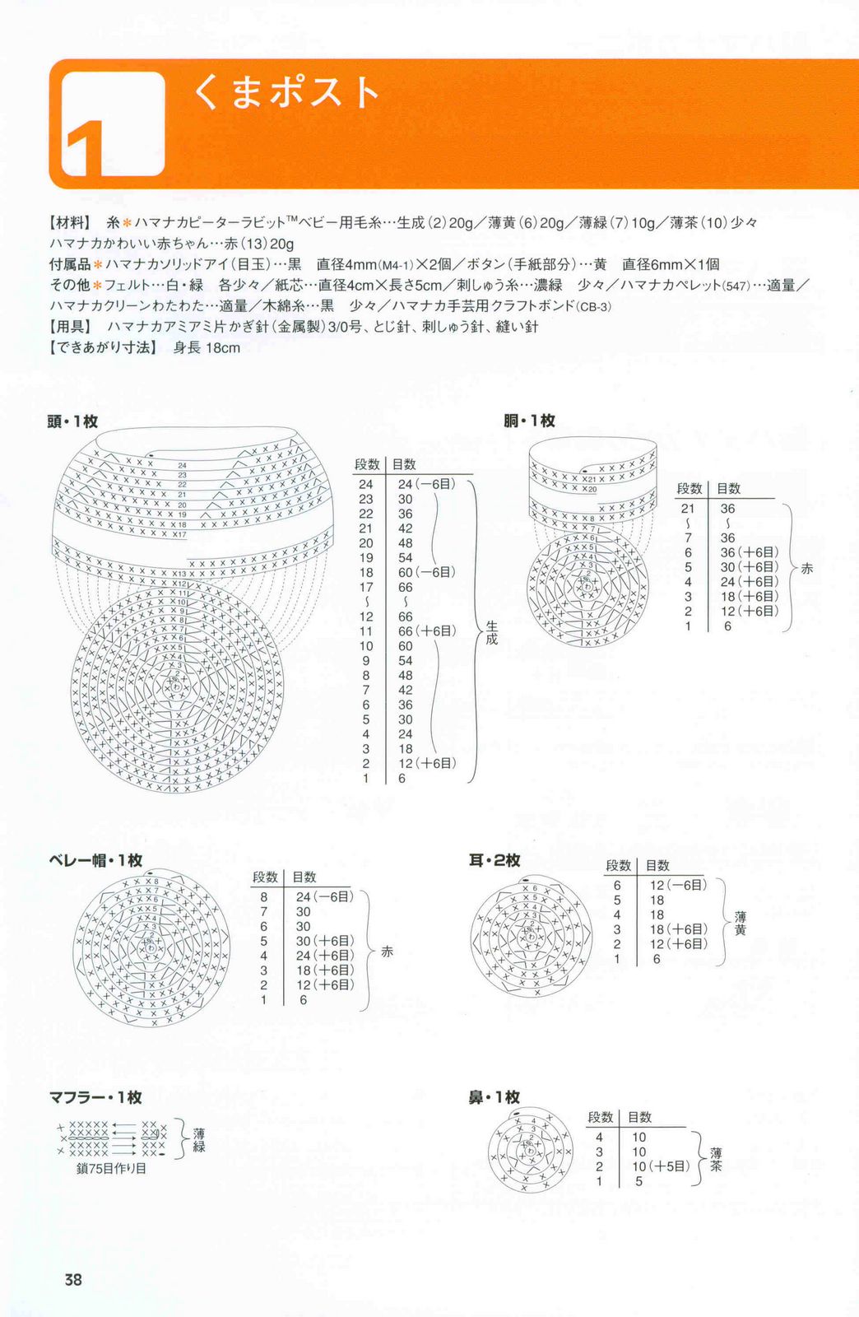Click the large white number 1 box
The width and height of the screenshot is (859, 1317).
114,124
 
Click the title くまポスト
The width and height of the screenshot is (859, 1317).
286,92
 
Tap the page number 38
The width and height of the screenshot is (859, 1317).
73,1280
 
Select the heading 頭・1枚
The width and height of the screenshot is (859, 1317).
72,421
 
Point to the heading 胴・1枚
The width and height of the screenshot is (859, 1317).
529,421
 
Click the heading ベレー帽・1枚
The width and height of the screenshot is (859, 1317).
95,860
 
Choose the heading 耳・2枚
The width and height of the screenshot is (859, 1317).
495,860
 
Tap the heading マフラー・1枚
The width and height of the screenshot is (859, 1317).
95,1097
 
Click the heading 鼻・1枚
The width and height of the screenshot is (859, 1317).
495,1097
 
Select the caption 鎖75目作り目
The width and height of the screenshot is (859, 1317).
111,1168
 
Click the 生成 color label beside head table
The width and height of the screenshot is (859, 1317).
491,632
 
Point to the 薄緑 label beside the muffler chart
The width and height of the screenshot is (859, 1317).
199,1140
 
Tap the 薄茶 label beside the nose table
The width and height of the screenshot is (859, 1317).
717,1160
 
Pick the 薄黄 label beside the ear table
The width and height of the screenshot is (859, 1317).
741,923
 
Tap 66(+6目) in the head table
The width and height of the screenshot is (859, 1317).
426,631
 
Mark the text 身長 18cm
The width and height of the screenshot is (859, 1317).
207,348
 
